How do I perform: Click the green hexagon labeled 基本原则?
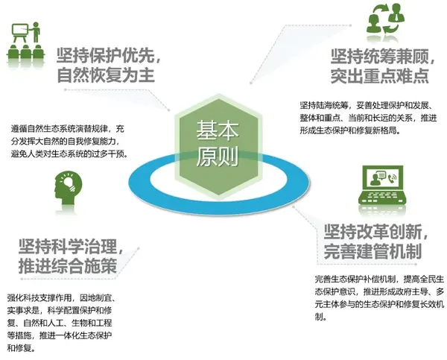click(x=218, y=145)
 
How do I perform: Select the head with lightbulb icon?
click(x=68, y=189)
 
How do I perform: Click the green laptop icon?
click(x=382, y=186)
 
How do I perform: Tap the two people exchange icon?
click(x=385, y=19)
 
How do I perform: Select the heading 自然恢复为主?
click(x=106, y=75)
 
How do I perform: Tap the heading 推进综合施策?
click(x=68, y=266)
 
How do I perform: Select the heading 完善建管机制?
click(x=373, y=251)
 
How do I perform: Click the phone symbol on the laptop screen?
click(x=392, y=179)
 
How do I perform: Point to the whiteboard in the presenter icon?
click(x=20, y=30)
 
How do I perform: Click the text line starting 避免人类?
click(x=69, y=154)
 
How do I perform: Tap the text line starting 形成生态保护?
click(x=350, y=130)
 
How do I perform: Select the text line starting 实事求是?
click(x=60, y=310)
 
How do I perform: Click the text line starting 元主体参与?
click(x=379, y=304)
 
